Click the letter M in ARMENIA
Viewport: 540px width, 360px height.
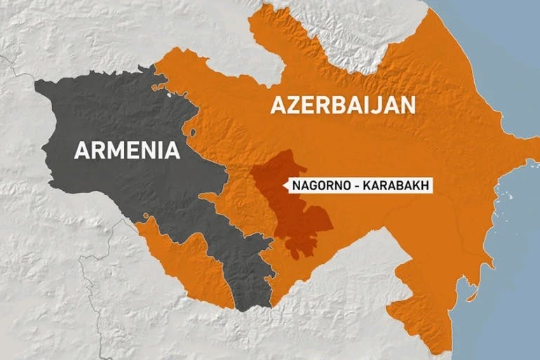point(113,150)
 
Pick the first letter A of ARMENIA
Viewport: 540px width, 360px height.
point(79,150)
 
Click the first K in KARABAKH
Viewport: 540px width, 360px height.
point(368,185)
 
